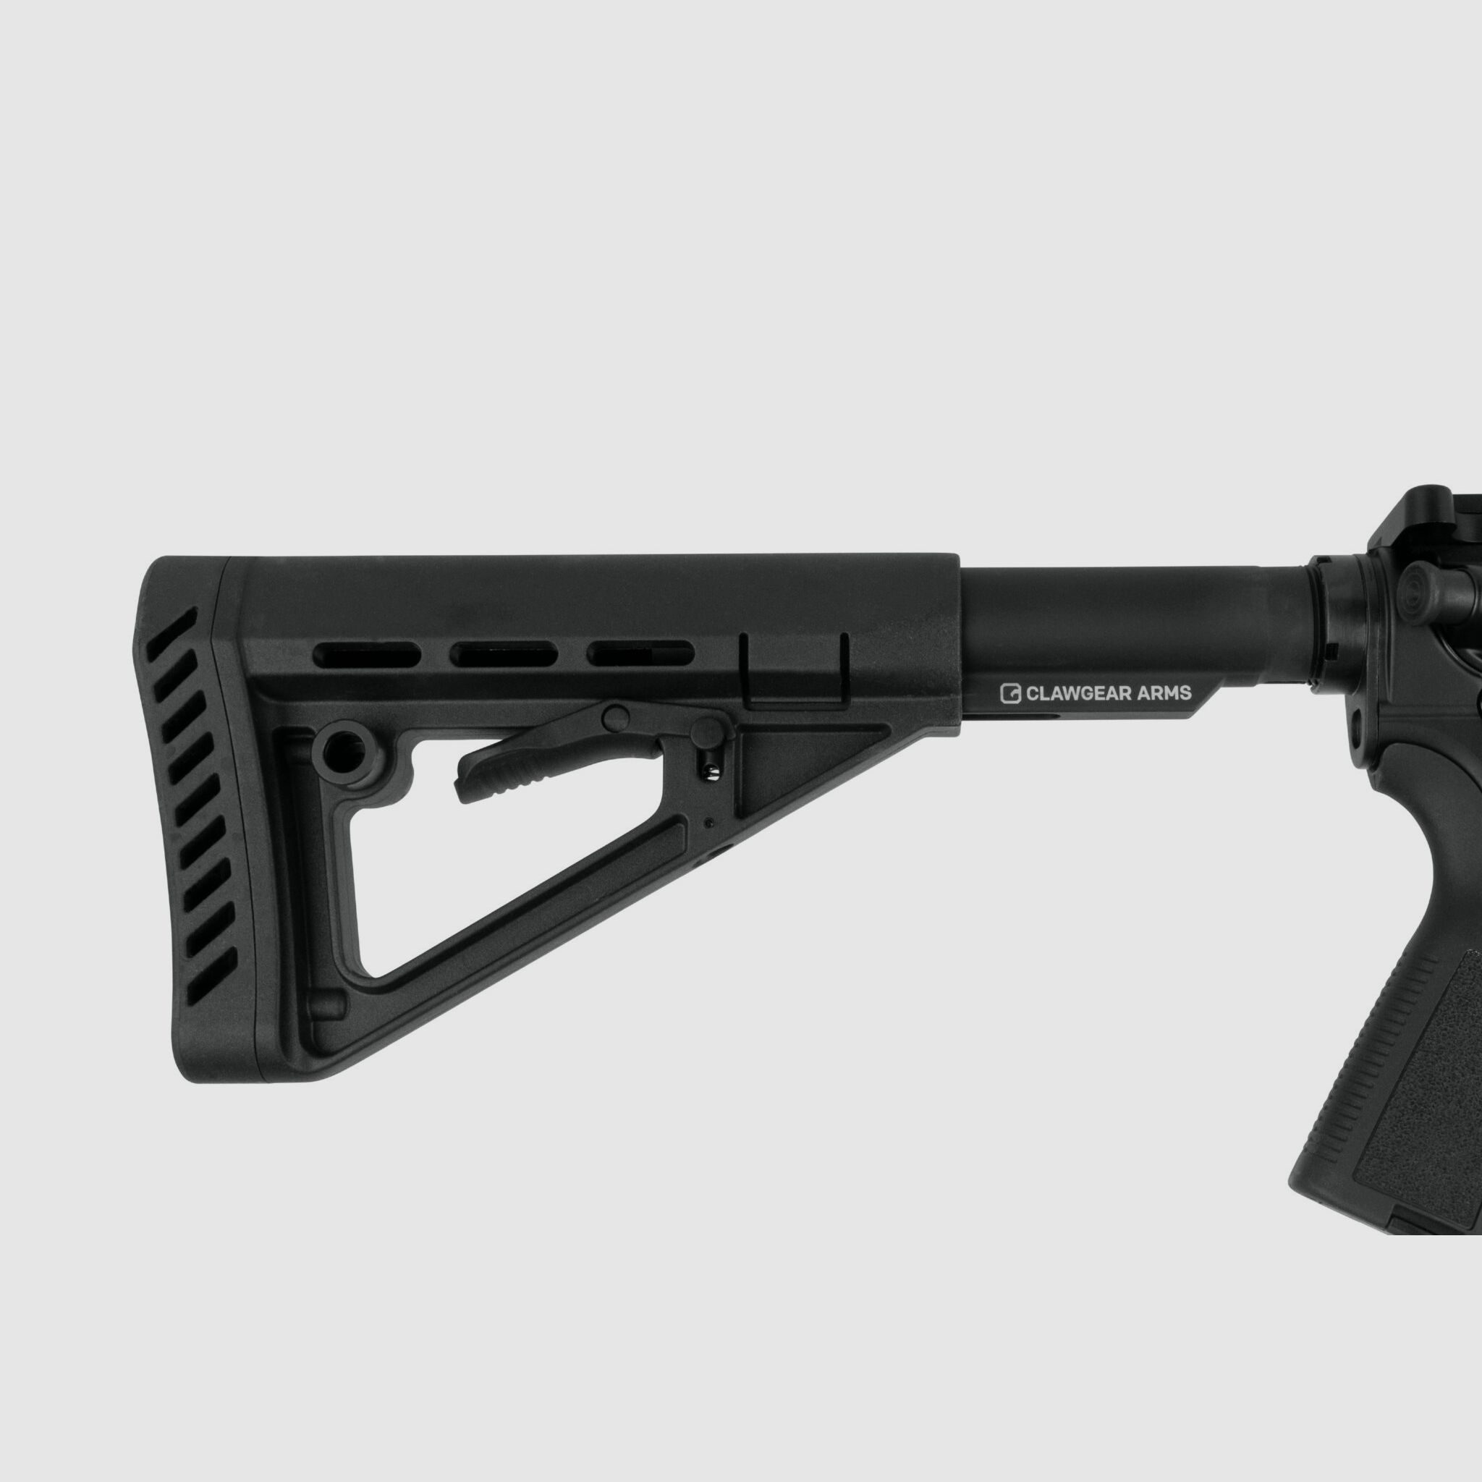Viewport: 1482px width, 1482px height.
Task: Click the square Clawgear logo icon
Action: tap(1010, 693)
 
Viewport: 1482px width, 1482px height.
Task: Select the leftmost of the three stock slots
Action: tap(367, 655)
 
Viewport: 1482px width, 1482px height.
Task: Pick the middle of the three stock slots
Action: tap(503, 654)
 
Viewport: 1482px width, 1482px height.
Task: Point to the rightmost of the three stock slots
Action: tap(640, 653)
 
